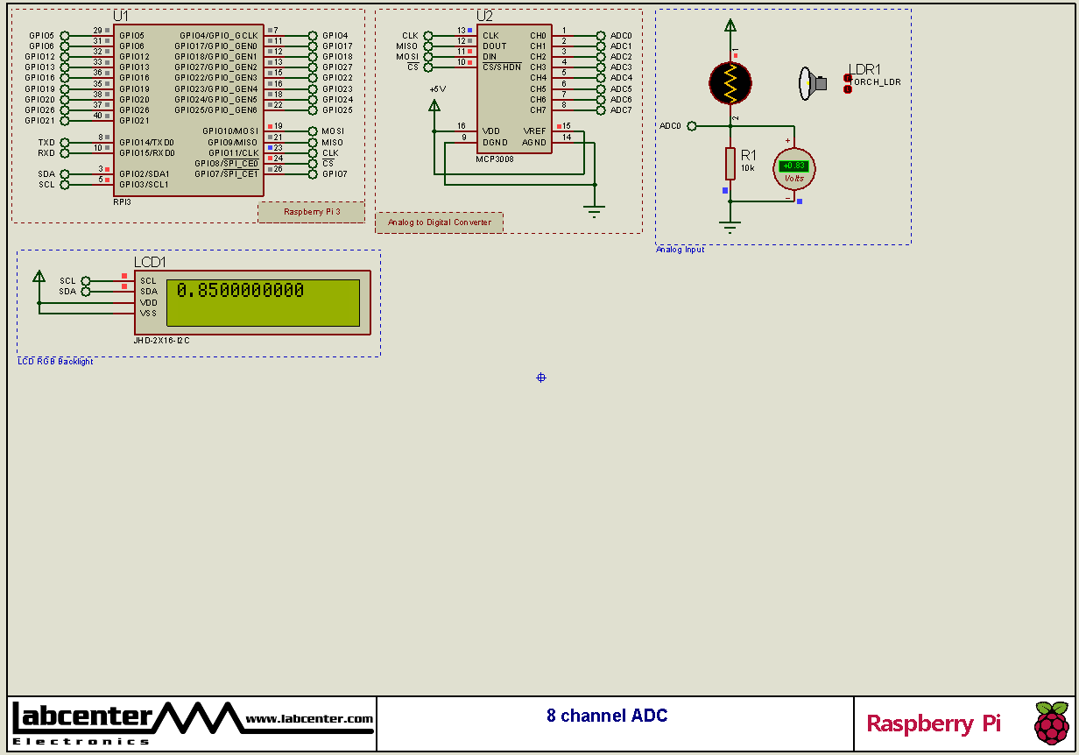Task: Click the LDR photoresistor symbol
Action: pos(730,81)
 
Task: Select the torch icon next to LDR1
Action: pos(813,83)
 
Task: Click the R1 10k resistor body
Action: pos(730,164)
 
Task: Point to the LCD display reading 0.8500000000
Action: pos(263,302)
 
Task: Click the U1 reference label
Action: pos(121,17)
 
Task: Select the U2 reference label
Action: pos(484,17)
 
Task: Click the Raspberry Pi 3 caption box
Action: pos(312,212)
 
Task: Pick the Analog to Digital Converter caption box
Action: pos(440,222)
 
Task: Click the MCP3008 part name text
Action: pos(495,159)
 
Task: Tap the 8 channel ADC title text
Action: pos(607,716)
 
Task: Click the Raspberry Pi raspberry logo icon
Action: pos(1051,723)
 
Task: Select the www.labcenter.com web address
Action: pos(309,719)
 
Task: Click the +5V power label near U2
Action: pos(437,89)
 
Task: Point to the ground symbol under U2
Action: pos(595,211)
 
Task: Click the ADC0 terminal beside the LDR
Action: pos(692,126)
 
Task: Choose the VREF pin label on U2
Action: pos(534,131)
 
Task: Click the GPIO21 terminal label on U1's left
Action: pos(40,121)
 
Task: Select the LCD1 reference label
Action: pos(150,262)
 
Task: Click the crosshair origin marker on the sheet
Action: pos(541,377)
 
